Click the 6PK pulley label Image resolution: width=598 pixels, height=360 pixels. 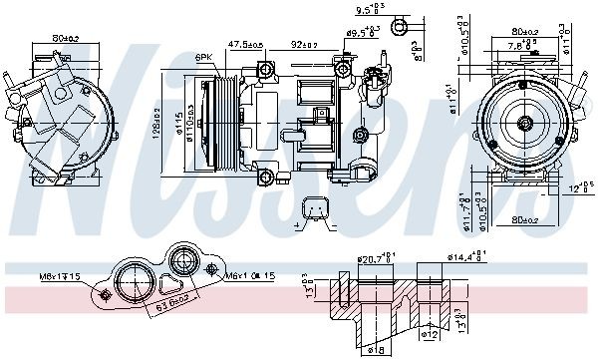[203, 58]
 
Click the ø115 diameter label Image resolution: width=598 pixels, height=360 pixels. [178, 124]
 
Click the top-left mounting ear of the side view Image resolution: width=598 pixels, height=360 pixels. [265, 69]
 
